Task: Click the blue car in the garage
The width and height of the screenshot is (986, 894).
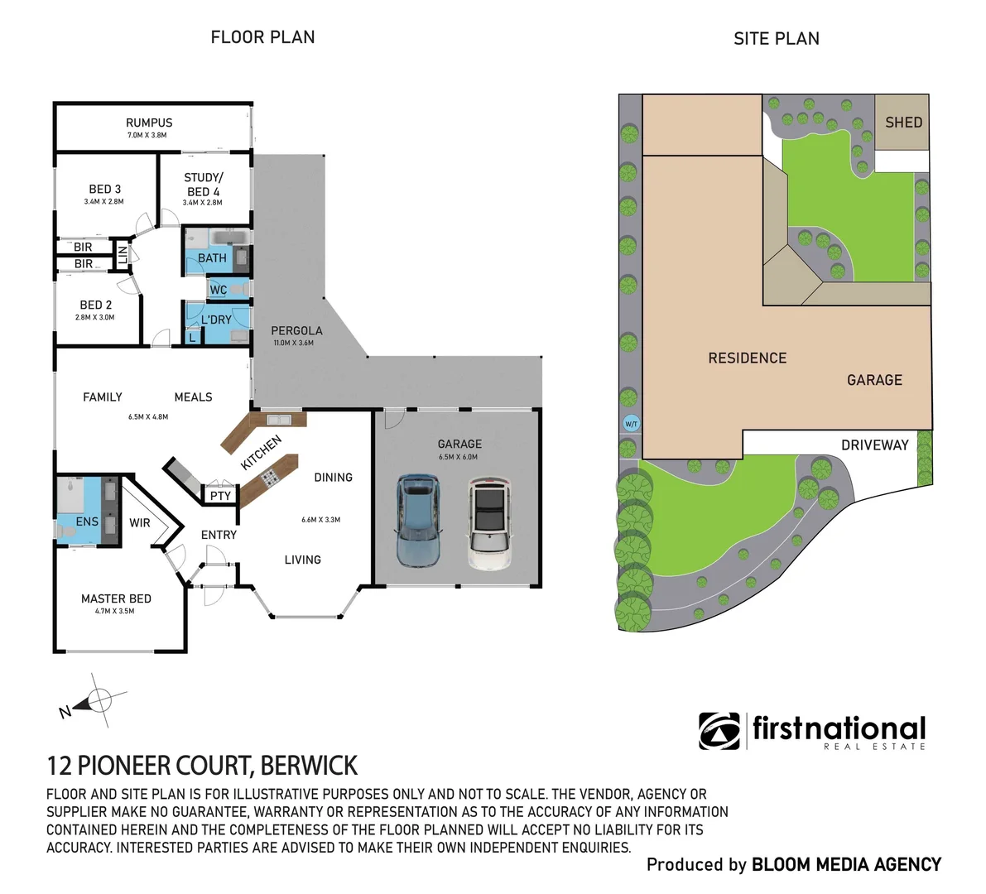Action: [417, 520]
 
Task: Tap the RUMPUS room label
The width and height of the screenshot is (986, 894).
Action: [149, 123]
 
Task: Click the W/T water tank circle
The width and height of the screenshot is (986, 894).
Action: [631, 424]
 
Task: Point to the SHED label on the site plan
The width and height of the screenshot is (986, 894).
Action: [903, 123]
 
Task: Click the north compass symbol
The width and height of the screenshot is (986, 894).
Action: [99, 700]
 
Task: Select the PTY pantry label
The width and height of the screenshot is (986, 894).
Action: [220, 496]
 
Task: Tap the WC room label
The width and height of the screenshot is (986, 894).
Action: [219, 290]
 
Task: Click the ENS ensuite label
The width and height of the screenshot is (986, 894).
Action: [87, 521]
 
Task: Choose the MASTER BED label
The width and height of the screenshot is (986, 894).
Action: [116, 598]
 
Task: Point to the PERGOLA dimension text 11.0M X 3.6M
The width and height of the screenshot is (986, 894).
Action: [293, 343]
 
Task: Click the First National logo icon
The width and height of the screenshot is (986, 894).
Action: [719, 731]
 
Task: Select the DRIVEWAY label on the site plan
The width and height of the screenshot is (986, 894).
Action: [874, 445]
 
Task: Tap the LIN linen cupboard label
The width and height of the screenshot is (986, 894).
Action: [123, 256]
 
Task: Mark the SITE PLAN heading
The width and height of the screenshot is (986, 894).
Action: [776, 39]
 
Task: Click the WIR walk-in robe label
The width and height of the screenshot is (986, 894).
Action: [140, 522]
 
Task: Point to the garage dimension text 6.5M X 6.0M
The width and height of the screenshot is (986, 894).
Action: [458, 457]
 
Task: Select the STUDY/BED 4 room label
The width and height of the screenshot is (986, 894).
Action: [203, 185]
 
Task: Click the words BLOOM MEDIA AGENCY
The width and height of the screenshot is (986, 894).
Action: [846, 865]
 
